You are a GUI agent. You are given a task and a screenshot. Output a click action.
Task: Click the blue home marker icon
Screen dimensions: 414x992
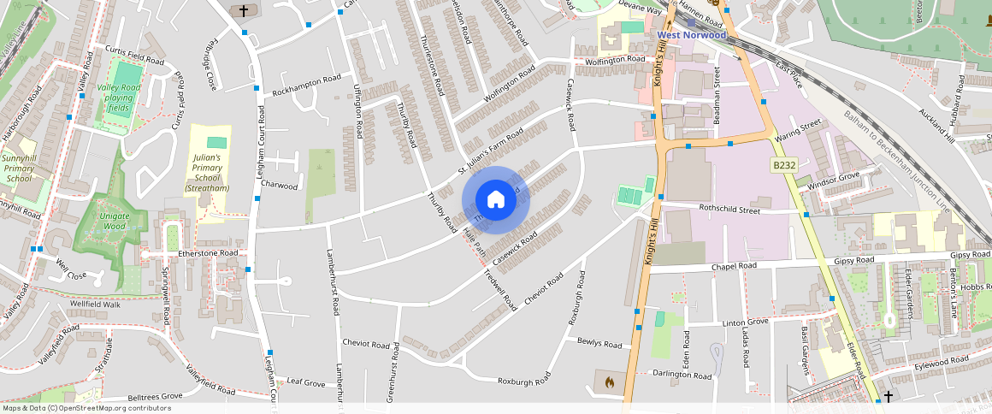(x=496, y=200)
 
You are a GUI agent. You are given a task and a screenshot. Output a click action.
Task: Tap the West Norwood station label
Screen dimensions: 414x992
(x=692, y=35)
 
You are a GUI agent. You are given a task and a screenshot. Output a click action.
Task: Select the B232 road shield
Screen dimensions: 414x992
(x=784, y=164)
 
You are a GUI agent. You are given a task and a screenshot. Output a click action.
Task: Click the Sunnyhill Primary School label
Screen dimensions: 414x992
(x=19, y=169)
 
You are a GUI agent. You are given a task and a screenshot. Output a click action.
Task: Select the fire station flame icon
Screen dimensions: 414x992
(x=608, y=381)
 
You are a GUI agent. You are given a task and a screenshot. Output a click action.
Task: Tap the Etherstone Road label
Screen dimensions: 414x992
(x=207, y=253)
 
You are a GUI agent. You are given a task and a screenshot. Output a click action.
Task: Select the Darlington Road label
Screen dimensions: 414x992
(x=682, y=375)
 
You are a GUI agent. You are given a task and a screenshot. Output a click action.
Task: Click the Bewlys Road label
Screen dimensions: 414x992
(x=599, y=344)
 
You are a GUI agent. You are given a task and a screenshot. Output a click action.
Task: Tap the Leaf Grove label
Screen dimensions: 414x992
(x=306, y=381)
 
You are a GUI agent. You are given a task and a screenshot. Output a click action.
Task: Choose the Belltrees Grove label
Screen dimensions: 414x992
(x=155, y=397)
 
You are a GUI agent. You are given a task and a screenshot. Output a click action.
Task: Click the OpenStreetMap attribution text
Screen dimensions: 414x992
(x=86, y=408)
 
